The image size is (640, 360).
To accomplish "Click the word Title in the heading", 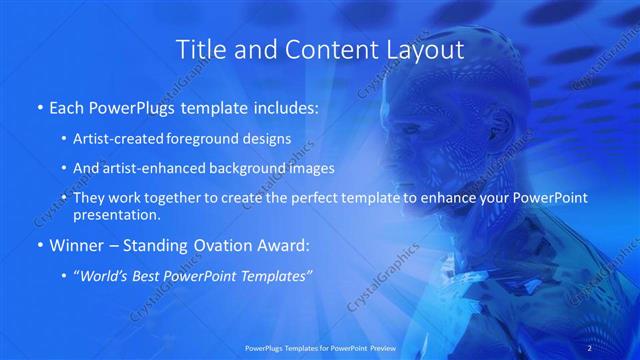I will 199,49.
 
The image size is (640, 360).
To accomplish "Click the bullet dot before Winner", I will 38,244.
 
